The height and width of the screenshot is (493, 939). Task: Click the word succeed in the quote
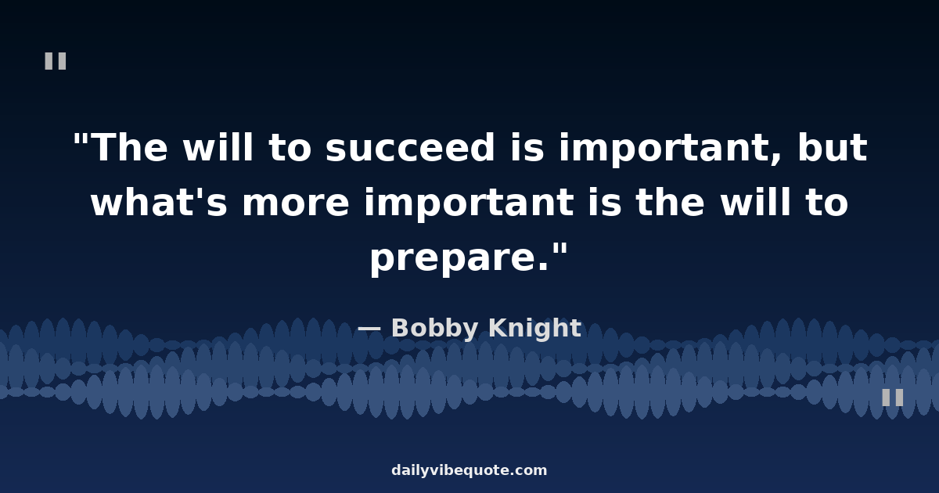[410, 147]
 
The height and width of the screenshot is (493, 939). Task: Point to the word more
[296, 203]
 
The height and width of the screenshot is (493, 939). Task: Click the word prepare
[459, 259]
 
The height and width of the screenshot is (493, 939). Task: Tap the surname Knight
[535, 328]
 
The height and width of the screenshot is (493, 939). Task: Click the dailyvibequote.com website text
[469, 470]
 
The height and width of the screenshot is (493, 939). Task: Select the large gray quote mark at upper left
[56, 61]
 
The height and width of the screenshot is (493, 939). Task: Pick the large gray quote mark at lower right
[893, 397]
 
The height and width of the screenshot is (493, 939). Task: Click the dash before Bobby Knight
[369, 329]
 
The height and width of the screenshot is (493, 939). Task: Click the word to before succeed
[290, 149]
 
